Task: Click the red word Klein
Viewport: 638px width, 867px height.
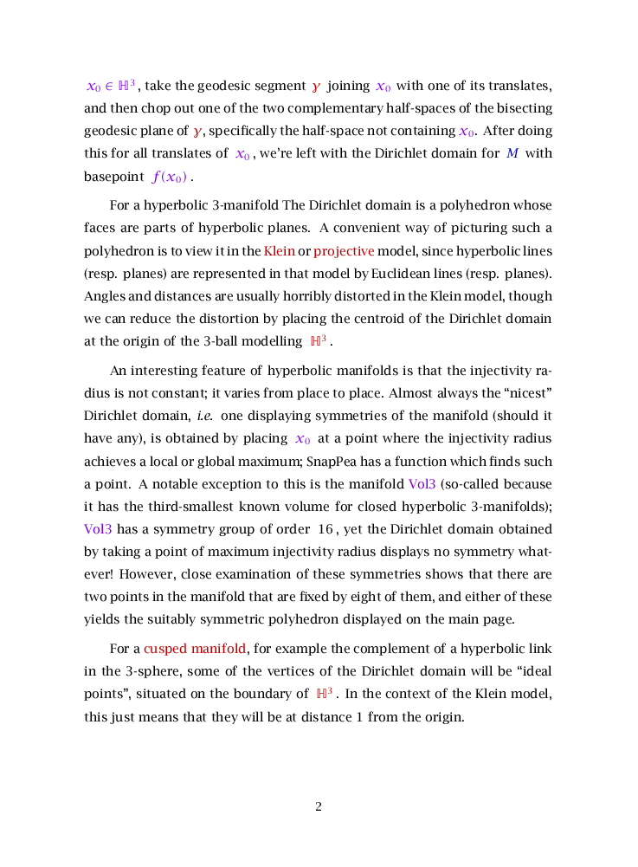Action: pos(280,251)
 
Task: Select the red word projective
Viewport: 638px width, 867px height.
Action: pos(344,251)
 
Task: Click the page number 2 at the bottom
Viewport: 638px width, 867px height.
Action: pos(319,807)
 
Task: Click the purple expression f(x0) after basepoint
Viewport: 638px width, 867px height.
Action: pos(170,178)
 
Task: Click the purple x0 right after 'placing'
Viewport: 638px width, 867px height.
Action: pos(303,438)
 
